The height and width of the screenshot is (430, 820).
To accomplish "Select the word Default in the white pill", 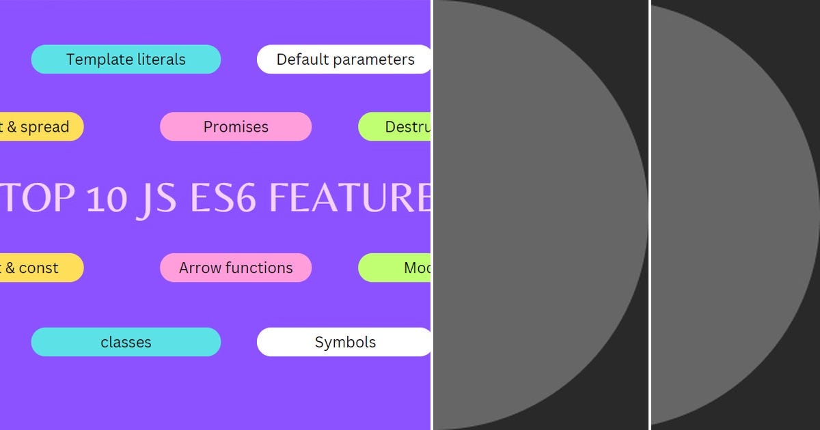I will [301, 59].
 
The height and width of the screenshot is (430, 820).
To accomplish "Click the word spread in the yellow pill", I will [44, 127].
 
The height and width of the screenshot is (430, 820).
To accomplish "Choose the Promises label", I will [236, 127].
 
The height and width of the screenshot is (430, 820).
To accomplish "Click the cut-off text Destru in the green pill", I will [407, 127].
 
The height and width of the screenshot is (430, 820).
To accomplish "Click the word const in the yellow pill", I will [39, 268].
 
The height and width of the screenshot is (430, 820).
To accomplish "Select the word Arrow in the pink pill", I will [197, 268].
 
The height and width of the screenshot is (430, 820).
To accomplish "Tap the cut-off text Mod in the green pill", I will [417, 268].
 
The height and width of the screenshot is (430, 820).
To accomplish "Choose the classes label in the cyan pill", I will [126, 342].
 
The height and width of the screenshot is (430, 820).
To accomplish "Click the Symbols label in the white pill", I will [345, 342].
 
